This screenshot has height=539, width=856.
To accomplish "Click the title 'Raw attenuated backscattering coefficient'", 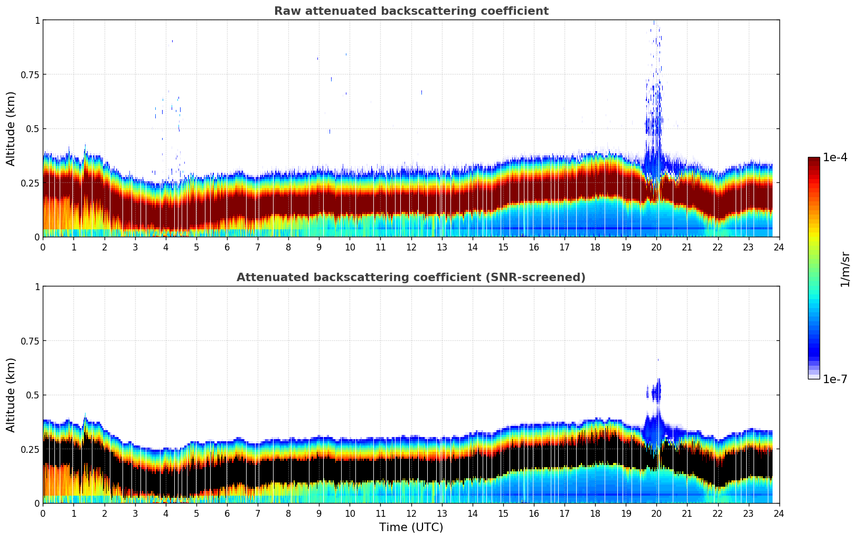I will coord(411,11).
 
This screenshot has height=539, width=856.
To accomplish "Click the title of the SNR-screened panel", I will coord(411,277).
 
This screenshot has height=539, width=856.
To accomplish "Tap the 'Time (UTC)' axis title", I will coord(411,527).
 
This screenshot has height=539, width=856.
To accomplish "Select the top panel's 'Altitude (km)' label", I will coord(11,128).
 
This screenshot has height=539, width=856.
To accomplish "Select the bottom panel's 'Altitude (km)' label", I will coord(11,395).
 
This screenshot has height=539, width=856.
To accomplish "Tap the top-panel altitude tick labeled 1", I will coord(37,21).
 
